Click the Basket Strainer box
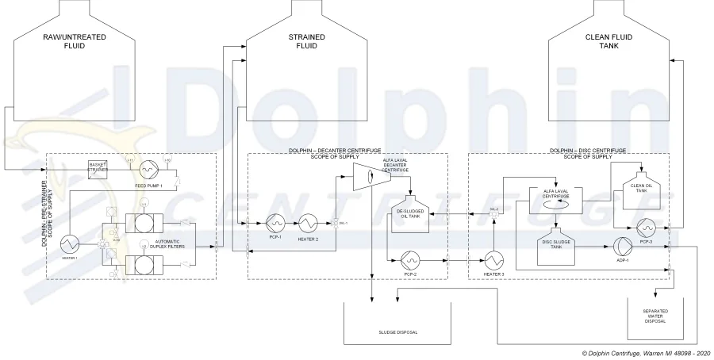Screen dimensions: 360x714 click(x=98, y=168)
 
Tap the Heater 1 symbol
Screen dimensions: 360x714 click(x=67, y=242)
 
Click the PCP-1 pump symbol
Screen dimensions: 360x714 click(x=276, y=221)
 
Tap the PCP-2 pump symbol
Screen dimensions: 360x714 click(x=410, y=259)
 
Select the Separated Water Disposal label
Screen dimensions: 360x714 click(x=655, y=316)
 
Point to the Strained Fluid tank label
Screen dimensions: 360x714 click(x=301, y=42)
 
